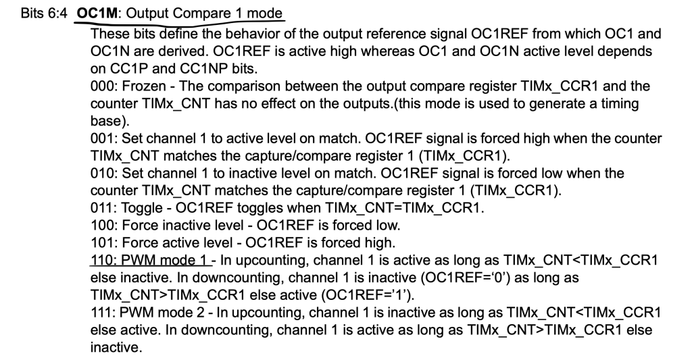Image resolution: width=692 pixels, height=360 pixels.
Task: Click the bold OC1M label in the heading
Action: tap(97, 13)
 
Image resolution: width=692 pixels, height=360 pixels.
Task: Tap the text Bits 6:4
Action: tap(44, 13)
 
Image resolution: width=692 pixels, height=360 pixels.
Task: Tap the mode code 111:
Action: tap(103, 312)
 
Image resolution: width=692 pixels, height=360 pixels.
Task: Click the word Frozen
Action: tap(144, 86)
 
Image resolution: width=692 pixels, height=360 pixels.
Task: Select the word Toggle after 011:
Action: tap(142, 208)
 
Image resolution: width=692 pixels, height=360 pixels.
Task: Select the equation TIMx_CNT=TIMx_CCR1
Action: tap(405, 208)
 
